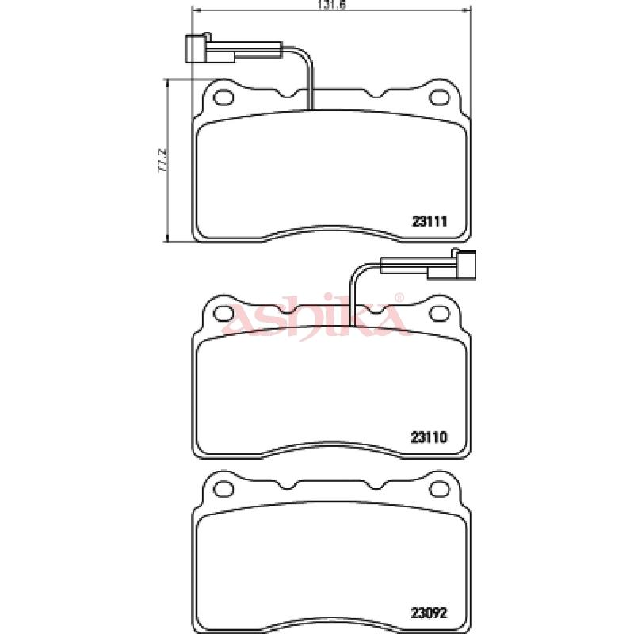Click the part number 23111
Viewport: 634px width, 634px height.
click(430, 222)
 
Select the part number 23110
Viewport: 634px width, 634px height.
click(429, 437)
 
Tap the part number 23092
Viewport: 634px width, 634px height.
click(429, 613)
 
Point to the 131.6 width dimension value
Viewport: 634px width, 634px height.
click(332, 4)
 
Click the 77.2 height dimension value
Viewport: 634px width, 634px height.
click(162, 161)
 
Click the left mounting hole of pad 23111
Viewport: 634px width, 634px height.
click(223, 97)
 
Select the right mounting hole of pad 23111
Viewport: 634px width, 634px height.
click(439, 97)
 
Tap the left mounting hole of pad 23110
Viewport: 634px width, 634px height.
click(223, 314)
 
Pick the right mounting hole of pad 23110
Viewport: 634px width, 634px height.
click(439, 314)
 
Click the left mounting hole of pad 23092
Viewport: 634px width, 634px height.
click(223, 489)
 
